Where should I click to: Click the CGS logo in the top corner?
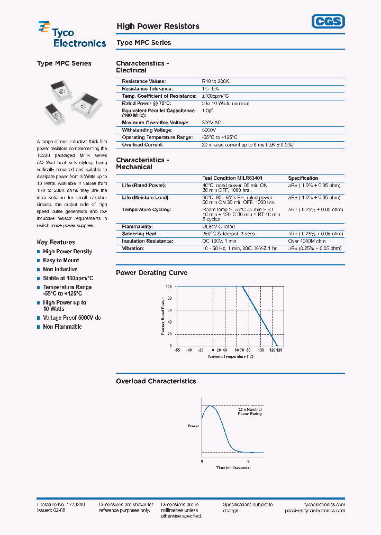tap(327, 21)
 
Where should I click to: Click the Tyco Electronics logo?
tap(71, 34)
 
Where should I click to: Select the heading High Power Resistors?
tap(158, 26)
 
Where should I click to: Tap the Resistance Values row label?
tap(143, 81)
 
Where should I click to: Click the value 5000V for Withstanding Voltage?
tap(209, 130)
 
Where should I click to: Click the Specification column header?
tap(303, 178)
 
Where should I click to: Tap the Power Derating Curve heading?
tap(151, 273)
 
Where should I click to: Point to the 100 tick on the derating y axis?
tap(169, 287)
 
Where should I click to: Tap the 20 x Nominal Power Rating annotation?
tap(249, 411)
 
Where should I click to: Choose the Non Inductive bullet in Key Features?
tap(60, 270)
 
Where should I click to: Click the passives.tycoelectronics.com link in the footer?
tap(314, 511)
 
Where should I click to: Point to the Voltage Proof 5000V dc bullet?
tap(71, 318)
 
